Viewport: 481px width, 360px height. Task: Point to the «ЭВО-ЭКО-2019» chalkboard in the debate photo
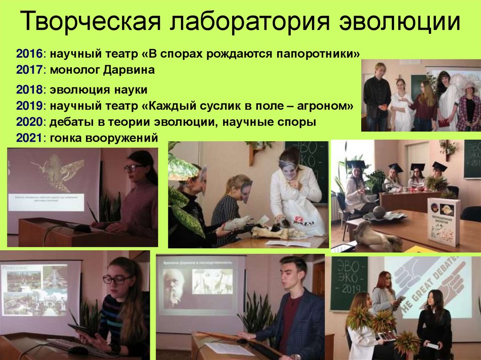point(349,283)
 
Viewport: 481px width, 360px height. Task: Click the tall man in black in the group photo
point(377,96)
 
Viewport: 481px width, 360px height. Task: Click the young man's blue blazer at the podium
point(301,324)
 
